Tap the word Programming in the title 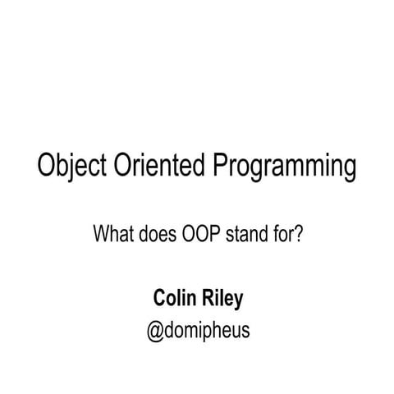(286, 168)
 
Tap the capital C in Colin (158, 299)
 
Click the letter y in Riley (238, 302)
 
